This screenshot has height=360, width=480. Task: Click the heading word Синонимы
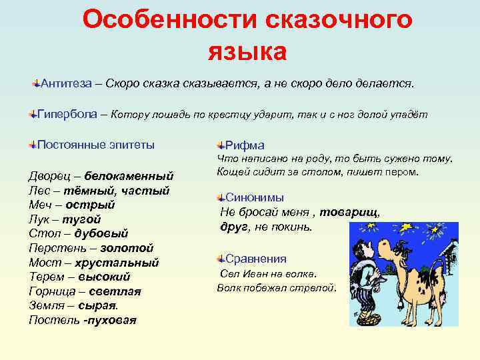[255, 198]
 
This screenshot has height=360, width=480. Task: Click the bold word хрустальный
[118, 263]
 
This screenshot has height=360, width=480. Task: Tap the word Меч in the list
[39, 205]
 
